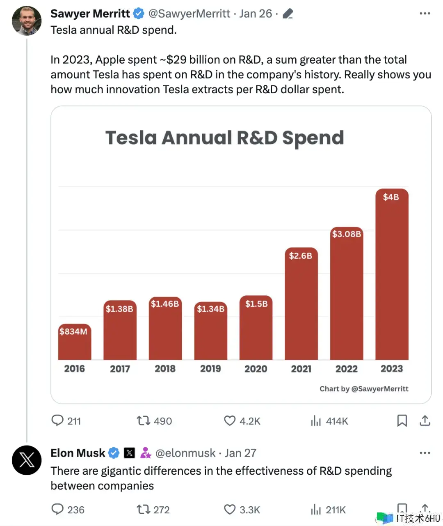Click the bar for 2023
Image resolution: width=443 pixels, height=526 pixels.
click(x=392, y=279)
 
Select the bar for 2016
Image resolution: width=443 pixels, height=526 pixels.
click(x=74, y=345)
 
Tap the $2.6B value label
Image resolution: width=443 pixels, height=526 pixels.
click(x=301, y=256)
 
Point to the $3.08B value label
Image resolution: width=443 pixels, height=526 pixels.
click(x=347, y=234)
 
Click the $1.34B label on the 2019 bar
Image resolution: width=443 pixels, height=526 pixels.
click(x=210, y=309)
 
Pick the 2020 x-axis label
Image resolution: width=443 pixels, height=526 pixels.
click(x=256, y=369)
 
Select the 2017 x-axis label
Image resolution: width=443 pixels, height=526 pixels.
click(x=120, y=369)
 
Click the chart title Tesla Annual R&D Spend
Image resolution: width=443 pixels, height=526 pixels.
click(x=224, y=138)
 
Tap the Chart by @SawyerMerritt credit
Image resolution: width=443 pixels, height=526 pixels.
click(x=364, y=389)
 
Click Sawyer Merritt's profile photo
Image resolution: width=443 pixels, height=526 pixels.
click(x=27, y=21)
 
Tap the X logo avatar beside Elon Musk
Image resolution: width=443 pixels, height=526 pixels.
click(x=27, y=460)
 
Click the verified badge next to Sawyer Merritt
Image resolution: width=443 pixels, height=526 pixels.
click(x=139, y=14)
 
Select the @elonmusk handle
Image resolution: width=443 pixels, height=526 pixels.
click(x=185, y=453)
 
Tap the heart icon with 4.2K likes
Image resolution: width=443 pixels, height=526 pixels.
click(x=230, y=421)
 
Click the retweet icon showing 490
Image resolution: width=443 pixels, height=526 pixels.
click(x=143, y=421)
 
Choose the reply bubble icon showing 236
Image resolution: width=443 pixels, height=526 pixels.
click(x=57, y=510)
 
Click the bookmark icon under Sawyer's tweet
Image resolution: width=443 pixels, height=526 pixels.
click(x=402, y=421)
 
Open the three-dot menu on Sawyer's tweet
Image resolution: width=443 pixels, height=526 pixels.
click(x=425, y=14)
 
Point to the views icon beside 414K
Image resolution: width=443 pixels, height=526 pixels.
click(x=316, y=421)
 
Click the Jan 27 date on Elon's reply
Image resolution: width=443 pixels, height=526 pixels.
click(x=240, y=453)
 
